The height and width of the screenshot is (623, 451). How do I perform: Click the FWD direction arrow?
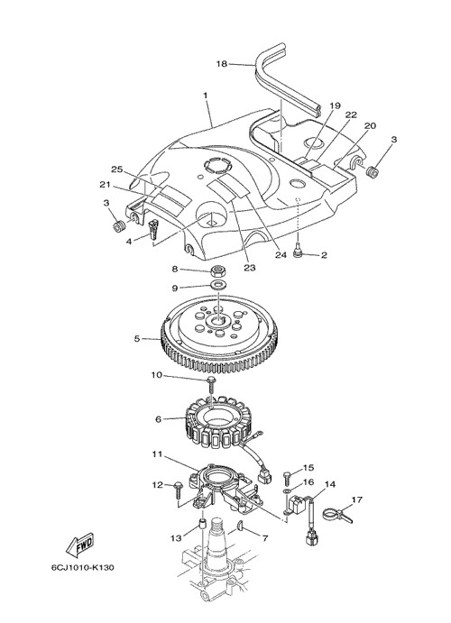tap(79, 544)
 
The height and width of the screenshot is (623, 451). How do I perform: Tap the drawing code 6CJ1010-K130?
tap(83, 567)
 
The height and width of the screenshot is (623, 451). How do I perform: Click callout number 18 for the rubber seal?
tap(222, 64)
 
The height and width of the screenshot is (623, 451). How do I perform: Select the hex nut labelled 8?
tap(218, 271)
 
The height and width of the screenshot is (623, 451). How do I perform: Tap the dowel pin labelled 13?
tap(202, 524)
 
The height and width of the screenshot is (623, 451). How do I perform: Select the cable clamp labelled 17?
tap(336, 516)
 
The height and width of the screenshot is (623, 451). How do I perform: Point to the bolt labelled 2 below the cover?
tap(298, 253)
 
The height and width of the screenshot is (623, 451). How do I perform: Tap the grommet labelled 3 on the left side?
tap(119, 226)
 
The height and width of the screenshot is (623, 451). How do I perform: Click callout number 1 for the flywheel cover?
tap(206, 96)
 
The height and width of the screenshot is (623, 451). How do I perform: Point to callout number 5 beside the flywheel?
tap(137, 339)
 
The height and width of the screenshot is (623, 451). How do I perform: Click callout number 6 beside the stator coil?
tap(159, 419)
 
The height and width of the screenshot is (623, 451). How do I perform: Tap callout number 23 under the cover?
tap(250, 268)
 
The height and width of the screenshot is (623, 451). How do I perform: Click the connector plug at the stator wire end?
tap(263, 475)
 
